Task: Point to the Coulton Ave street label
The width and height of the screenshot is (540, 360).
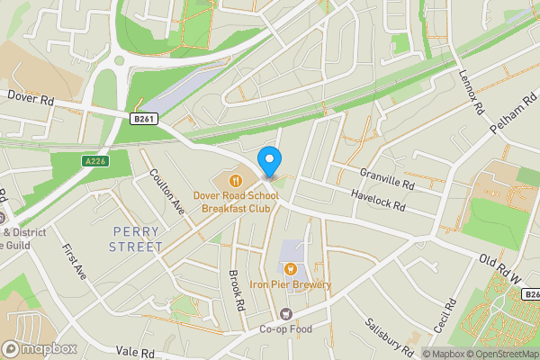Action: [x=166, y=192]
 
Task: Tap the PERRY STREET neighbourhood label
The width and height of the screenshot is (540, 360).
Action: [x=136, y=238]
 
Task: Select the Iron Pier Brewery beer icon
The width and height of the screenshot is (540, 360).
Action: [x=291, y=269]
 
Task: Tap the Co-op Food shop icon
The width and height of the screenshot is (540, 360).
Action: [x=286, y=313]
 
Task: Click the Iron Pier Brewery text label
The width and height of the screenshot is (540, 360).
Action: [x=291, y=285]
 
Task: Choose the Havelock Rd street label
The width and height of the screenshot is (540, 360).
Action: [x=377, y=201]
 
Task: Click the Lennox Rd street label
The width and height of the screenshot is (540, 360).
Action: [x=472, y=94]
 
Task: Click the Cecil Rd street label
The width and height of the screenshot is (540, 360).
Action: [x=440, y=318]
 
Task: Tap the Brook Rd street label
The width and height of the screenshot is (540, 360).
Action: [x=237, y=291]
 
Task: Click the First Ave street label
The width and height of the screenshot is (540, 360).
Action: [x=74, y=260]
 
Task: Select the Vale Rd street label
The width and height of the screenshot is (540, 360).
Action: [x=135, y=352]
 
